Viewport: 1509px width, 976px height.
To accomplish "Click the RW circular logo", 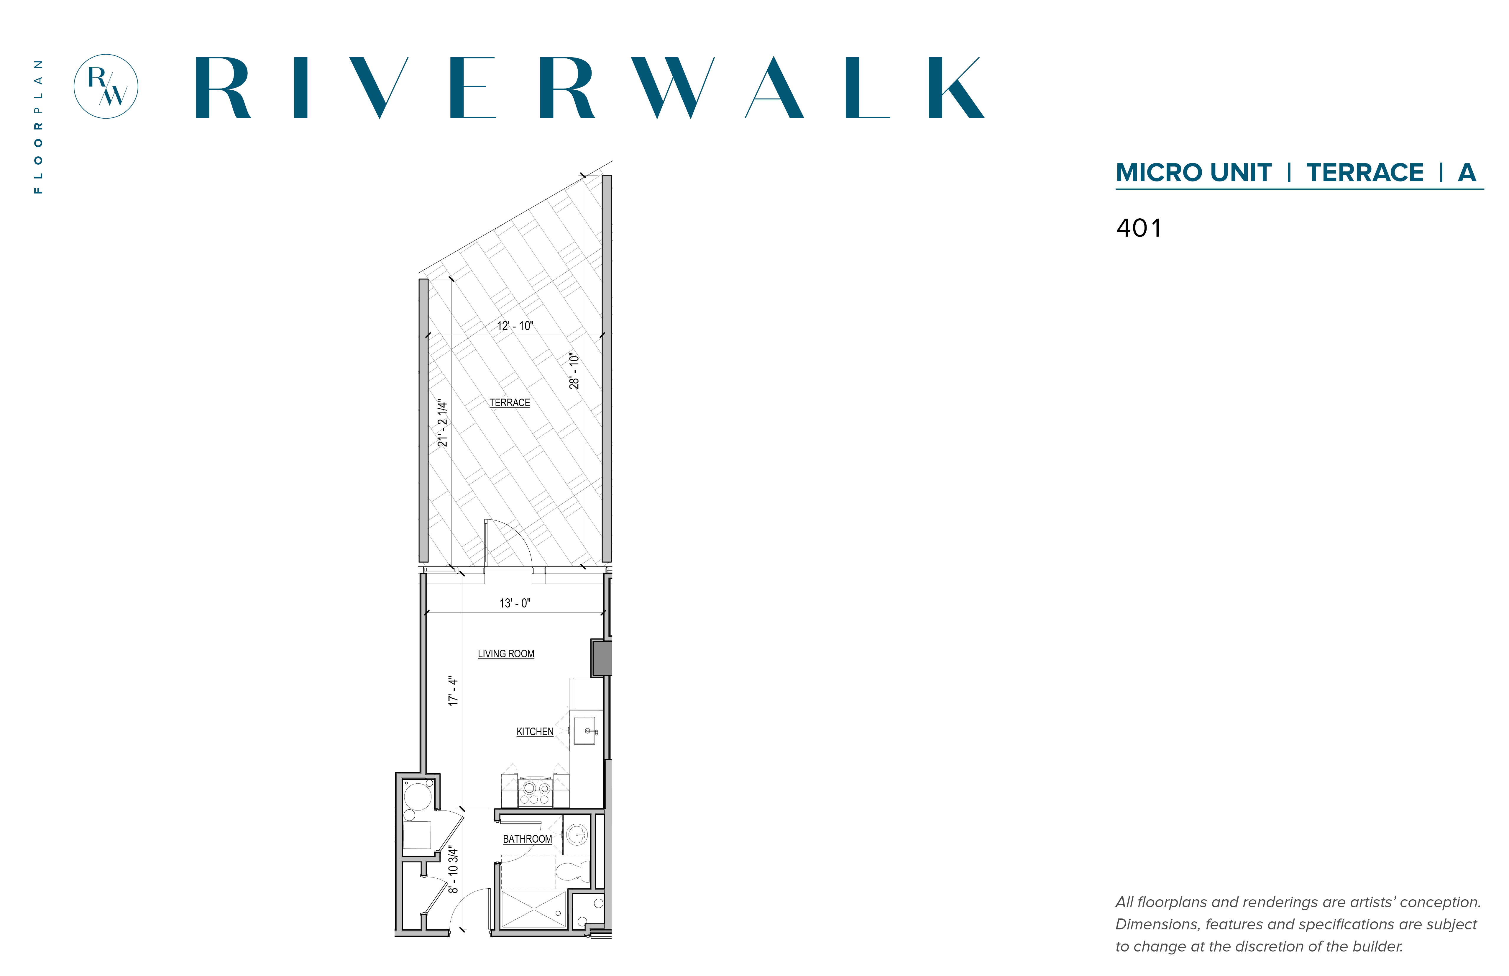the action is [x=106, y=86].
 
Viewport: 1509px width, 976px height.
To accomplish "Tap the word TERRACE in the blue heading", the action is [x=1364, y=172].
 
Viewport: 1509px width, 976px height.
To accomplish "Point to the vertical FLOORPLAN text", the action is [x=39, y=127].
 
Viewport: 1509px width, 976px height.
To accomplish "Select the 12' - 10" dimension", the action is [x=515, y=326].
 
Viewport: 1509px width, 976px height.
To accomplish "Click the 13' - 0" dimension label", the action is [x=515, y=603].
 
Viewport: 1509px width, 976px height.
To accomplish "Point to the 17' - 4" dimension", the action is [x=453, y=691].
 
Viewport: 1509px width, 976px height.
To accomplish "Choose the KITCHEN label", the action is [x=535, y=731].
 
